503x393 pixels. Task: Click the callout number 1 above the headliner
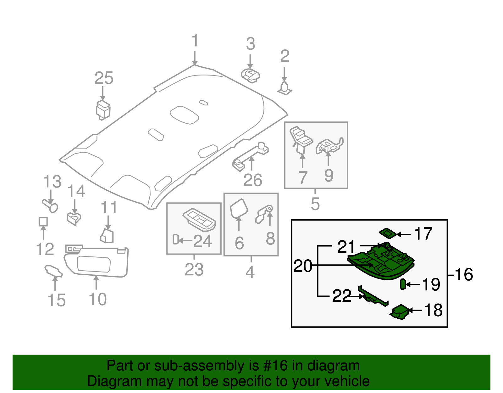195,41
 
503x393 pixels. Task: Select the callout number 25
104,78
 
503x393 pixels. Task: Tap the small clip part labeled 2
285,88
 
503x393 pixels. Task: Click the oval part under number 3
251,76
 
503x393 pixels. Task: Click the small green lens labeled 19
403,284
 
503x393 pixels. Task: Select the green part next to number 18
400,312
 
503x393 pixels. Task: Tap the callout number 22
342,296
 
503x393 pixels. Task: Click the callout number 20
303,266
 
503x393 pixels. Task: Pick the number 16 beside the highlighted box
464,274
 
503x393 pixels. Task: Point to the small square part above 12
43,222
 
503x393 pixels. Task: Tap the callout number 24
202,241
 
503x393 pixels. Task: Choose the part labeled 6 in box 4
239,208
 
